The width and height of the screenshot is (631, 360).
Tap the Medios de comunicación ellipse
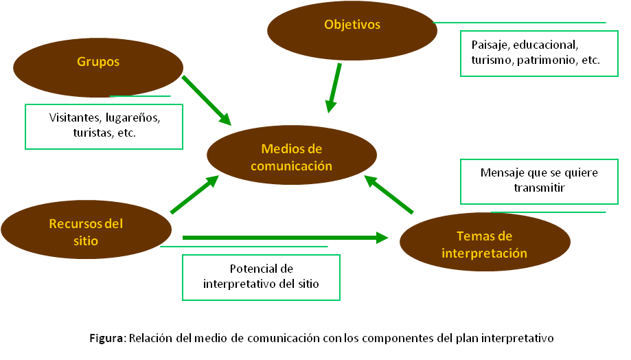[292, 157]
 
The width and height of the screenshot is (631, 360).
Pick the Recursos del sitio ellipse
[86, 232]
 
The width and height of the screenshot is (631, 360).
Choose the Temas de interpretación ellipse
[485, 245]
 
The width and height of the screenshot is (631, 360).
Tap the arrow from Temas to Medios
[389, 194]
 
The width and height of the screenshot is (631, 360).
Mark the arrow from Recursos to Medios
[194, 195]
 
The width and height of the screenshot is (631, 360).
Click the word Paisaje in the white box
[489, 45]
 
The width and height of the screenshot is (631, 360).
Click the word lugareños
[133, 117]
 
